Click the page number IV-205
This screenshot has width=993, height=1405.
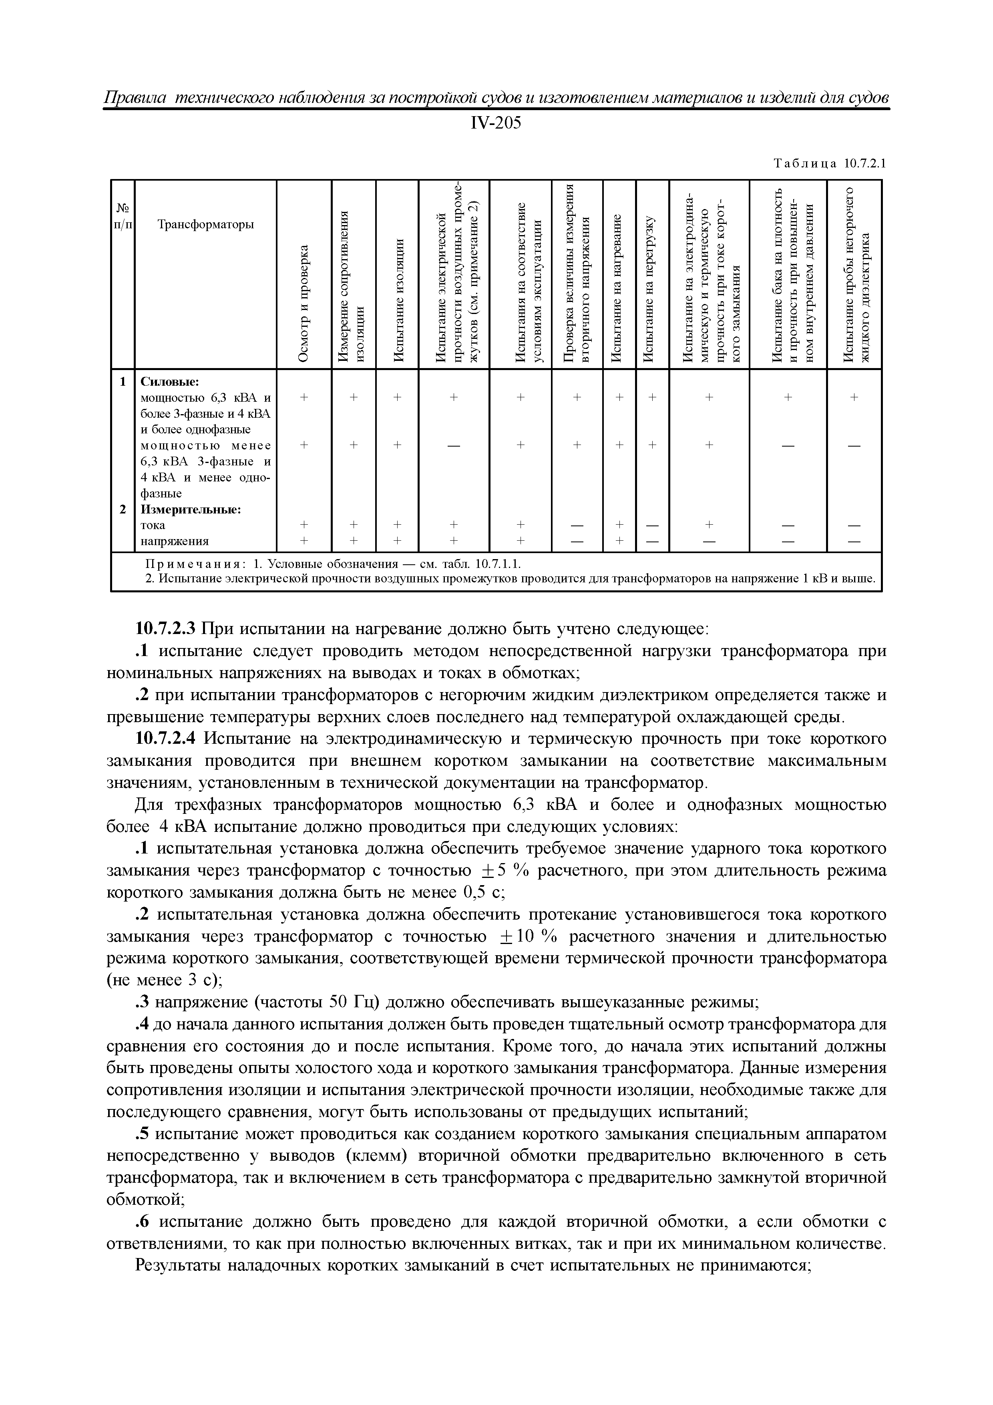click(x=496, y=124)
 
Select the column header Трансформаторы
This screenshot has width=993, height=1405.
click(x=205, y=225)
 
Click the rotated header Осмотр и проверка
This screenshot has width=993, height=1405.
click(x=304, y=302)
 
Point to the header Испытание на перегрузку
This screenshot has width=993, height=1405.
click(x=652, y=288)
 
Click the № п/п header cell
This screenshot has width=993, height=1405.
click(x=123, y=216)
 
